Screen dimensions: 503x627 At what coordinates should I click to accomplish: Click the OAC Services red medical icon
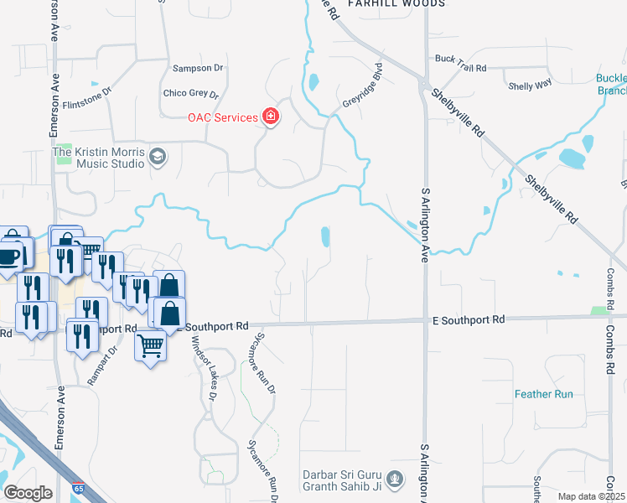click(271, 117)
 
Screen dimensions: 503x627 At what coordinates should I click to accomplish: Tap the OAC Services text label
click(222, 117)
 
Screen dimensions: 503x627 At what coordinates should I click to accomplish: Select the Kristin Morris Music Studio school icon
click(158, 156)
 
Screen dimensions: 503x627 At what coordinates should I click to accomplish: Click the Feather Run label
click(543, 393)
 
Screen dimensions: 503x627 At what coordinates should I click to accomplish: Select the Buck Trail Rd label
click(460, 59)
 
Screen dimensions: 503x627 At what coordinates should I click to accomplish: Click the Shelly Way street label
click(531, 85)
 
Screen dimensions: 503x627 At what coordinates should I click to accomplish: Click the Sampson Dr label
click(199, 68)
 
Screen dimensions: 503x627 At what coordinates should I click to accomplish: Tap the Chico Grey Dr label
click(190, 94)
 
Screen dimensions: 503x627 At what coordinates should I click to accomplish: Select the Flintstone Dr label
click(87, 98)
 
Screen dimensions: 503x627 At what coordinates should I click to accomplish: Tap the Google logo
click(28, 493)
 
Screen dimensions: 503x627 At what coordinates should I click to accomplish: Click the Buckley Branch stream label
click(610, 85)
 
